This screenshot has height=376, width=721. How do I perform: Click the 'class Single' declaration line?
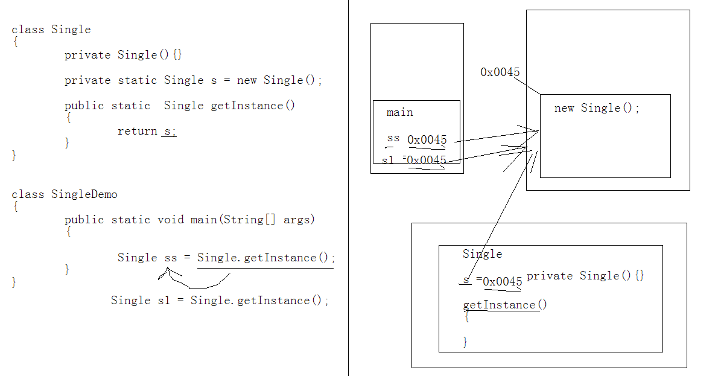(x=51, y=30)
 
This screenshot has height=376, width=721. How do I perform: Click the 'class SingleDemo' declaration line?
(x=65, y=194)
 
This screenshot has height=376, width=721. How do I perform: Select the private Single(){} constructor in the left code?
(x=123, y=55)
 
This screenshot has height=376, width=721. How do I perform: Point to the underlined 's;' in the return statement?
(x=169, y=131)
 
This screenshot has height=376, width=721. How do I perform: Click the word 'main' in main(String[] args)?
(x=203, y=220)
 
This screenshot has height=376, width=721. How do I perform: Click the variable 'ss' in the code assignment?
(x=171, y=258)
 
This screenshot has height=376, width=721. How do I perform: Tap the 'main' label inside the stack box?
(x=399, y=112)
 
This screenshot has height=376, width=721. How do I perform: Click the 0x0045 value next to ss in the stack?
(x=427, y=140)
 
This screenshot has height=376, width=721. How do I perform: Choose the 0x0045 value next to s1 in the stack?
(x=427, y=161)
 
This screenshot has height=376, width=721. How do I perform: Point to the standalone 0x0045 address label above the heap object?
(x=500, y=72)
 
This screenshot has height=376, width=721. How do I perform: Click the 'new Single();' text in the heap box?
(x=597, y=108)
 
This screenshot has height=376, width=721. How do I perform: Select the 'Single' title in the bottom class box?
(x=482, y=254)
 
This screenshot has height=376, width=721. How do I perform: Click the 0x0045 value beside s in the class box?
(x=503, y=282)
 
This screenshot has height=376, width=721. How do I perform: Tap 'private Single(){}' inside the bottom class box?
(x=585, y=276)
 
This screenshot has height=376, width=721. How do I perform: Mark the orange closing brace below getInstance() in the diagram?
(x=465, y=342)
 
